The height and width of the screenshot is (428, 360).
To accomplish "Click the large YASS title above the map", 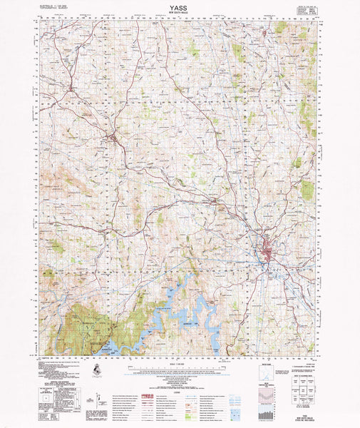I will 180,7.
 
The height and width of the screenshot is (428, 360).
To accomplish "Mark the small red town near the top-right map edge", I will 265,32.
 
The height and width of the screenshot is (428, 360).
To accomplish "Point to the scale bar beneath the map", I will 180,364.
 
